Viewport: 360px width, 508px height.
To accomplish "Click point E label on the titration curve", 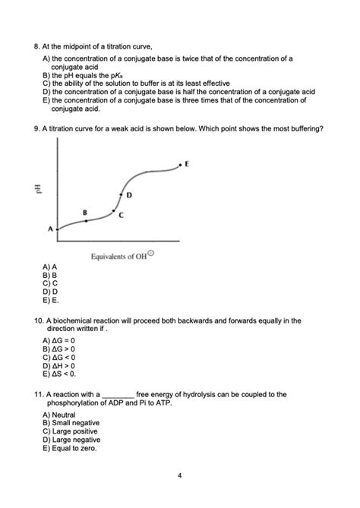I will (187, 164).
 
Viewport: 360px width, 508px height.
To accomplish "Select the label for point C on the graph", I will (122, 216).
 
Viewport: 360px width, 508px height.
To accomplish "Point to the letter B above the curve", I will (85, 211).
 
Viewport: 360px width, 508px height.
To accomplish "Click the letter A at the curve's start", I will (50, 228).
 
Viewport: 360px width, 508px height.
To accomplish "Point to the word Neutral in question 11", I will (60, 415).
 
